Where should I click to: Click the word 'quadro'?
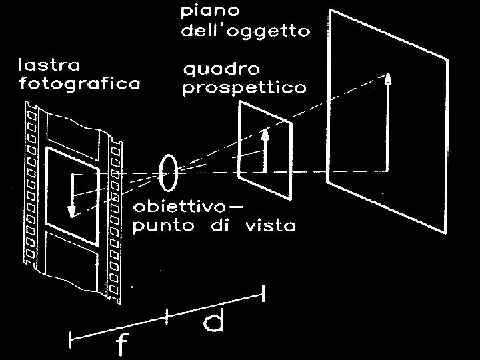pos(221,70)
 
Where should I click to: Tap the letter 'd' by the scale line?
pos(213,323)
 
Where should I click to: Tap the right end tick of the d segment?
pos(265,293)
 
